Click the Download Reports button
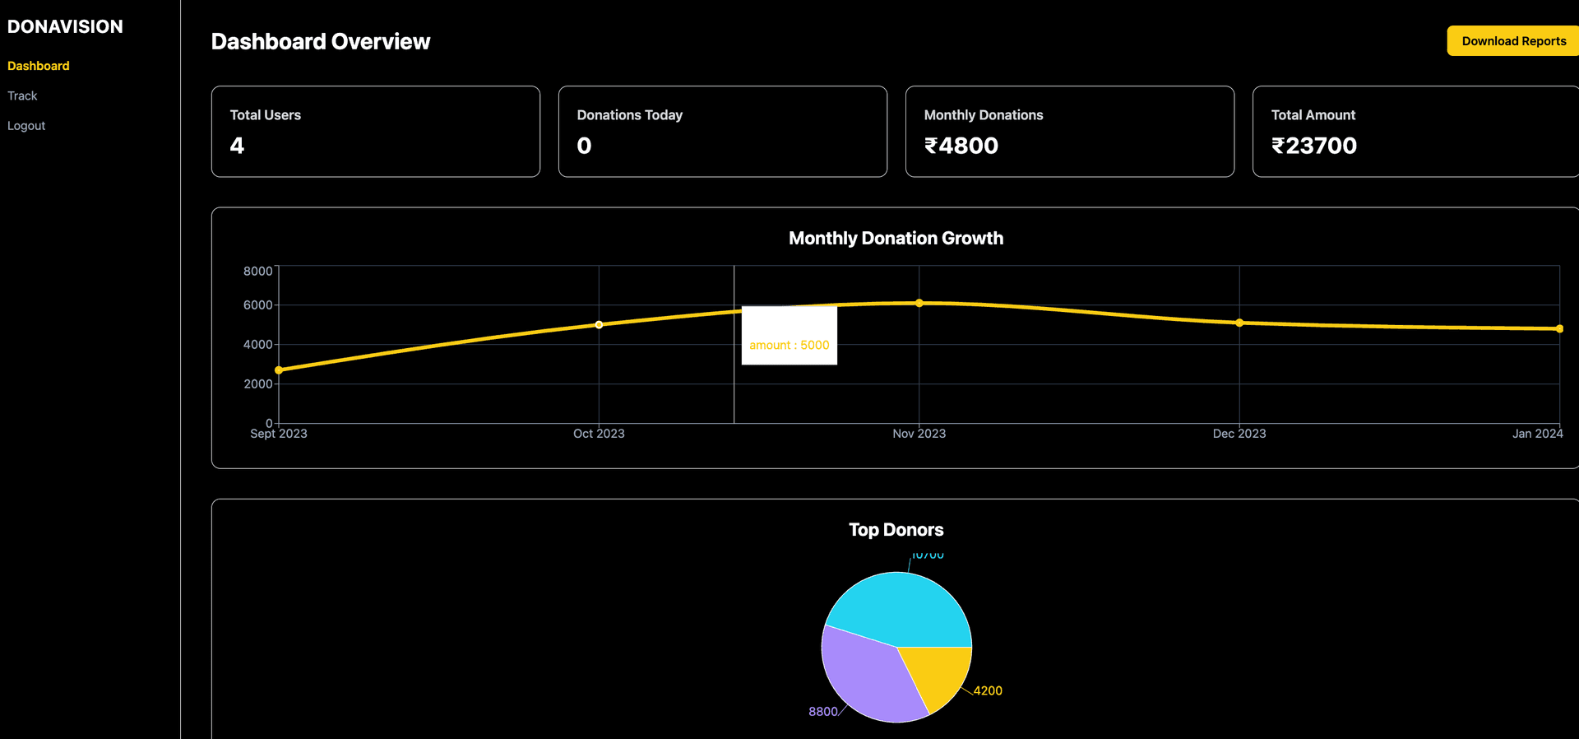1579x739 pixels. (x=1512, y=41)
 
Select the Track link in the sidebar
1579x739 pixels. (x=22, y=95)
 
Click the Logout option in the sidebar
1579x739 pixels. (x=26, y=126)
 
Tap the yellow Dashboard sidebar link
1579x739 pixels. (x=38, y=66)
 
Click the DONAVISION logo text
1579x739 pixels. (x=65, y=26)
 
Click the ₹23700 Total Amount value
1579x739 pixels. (x=1313, y=146)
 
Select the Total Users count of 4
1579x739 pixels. (x=237, y=146)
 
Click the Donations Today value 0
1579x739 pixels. (x=584, y=146)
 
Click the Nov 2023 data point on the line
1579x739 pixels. (x=919, y=303)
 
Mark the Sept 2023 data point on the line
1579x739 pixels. (x=279, y=370)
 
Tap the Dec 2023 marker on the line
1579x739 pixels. (x=1239, y=323)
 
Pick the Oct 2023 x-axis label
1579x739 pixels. (x=599, y=434)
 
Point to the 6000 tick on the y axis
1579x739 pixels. (x=257, y=304)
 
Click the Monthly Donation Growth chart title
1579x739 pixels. (x=896, y=239)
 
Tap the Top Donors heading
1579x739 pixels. (x=896, y=530)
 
